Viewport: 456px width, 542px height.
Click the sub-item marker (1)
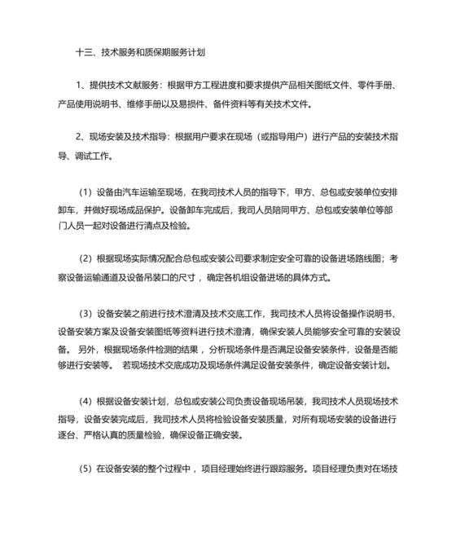pos(86,193)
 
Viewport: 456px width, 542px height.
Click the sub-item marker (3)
pos(86,314)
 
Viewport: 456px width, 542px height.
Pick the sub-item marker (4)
pos(86,401)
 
